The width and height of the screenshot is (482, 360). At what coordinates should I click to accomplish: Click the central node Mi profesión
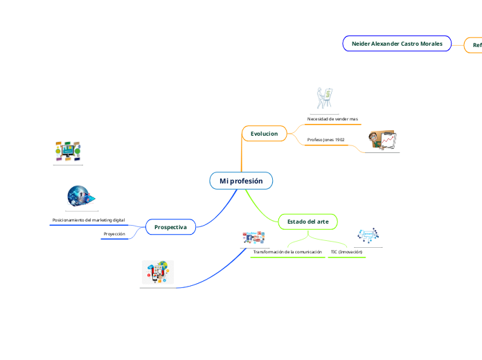(241, 181)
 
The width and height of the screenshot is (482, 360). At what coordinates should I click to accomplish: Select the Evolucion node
(264, 133)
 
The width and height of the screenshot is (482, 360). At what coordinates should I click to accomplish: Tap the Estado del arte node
(307, 221)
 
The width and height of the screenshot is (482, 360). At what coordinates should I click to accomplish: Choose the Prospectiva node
(170, 226)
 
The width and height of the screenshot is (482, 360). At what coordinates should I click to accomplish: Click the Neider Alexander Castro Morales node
(397, 44)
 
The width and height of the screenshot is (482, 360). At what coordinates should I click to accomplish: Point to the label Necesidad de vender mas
(332, 119)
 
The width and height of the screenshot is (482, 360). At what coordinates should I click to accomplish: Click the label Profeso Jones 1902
(325, 140)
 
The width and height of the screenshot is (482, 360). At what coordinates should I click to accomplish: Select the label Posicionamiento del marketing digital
(89, 220)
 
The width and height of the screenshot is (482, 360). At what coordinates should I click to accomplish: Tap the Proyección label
(114, 235)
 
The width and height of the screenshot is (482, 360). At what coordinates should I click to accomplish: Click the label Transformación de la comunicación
(287, 252)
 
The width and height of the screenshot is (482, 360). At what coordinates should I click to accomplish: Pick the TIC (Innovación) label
(346, 252)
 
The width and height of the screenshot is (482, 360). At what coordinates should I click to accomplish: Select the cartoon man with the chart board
(383, 140)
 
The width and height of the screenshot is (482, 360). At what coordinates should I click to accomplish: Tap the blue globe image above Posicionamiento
(81, 197)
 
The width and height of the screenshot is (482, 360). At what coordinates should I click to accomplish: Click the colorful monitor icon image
(68, 151)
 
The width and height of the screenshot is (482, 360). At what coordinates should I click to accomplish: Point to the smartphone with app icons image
(158, 272)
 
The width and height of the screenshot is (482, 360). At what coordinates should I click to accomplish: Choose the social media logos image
(254, 238)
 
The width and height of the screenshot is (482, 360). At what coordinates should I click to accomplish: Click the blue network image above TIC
(366, 236)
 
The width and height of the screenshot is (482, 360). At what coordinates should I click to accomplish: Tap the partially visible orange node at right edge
(476, 45)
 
